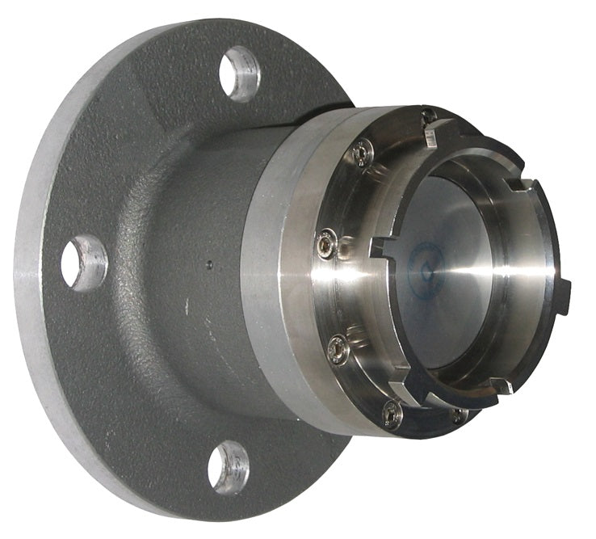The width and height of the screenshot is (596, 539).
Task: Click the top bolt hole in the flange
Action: pyautogui.click(x=240, y=73)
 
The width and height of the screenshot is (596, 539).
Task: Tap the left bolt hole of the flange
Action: pyautogui.click(x=82, y=263)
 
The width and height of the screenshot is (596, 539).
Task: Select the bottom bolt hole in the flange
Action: pyautogui.click(x=228, y=466)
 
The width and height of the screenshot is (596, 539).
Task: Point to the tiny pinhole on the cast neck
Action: pyautogui.click(x=208, y=263)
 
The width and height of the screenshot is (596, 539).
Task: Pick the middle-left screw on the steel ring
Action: pyautogui.click(x=326, y=240)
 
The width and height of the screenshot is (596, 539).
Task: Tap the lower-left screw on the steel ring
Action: pyautogui.click(x=338, y=349)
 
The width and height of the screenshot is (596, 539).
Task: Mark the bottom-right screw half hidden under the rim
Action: pyautogui.click(x=458, y=415)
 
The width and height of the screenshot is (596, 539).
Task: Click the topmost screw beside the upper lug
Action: pyautogui.click(x=429, y=116)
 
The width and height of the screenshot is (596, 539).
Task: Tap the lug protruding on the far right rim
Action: pyautogui.click(x=563, y=293)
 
